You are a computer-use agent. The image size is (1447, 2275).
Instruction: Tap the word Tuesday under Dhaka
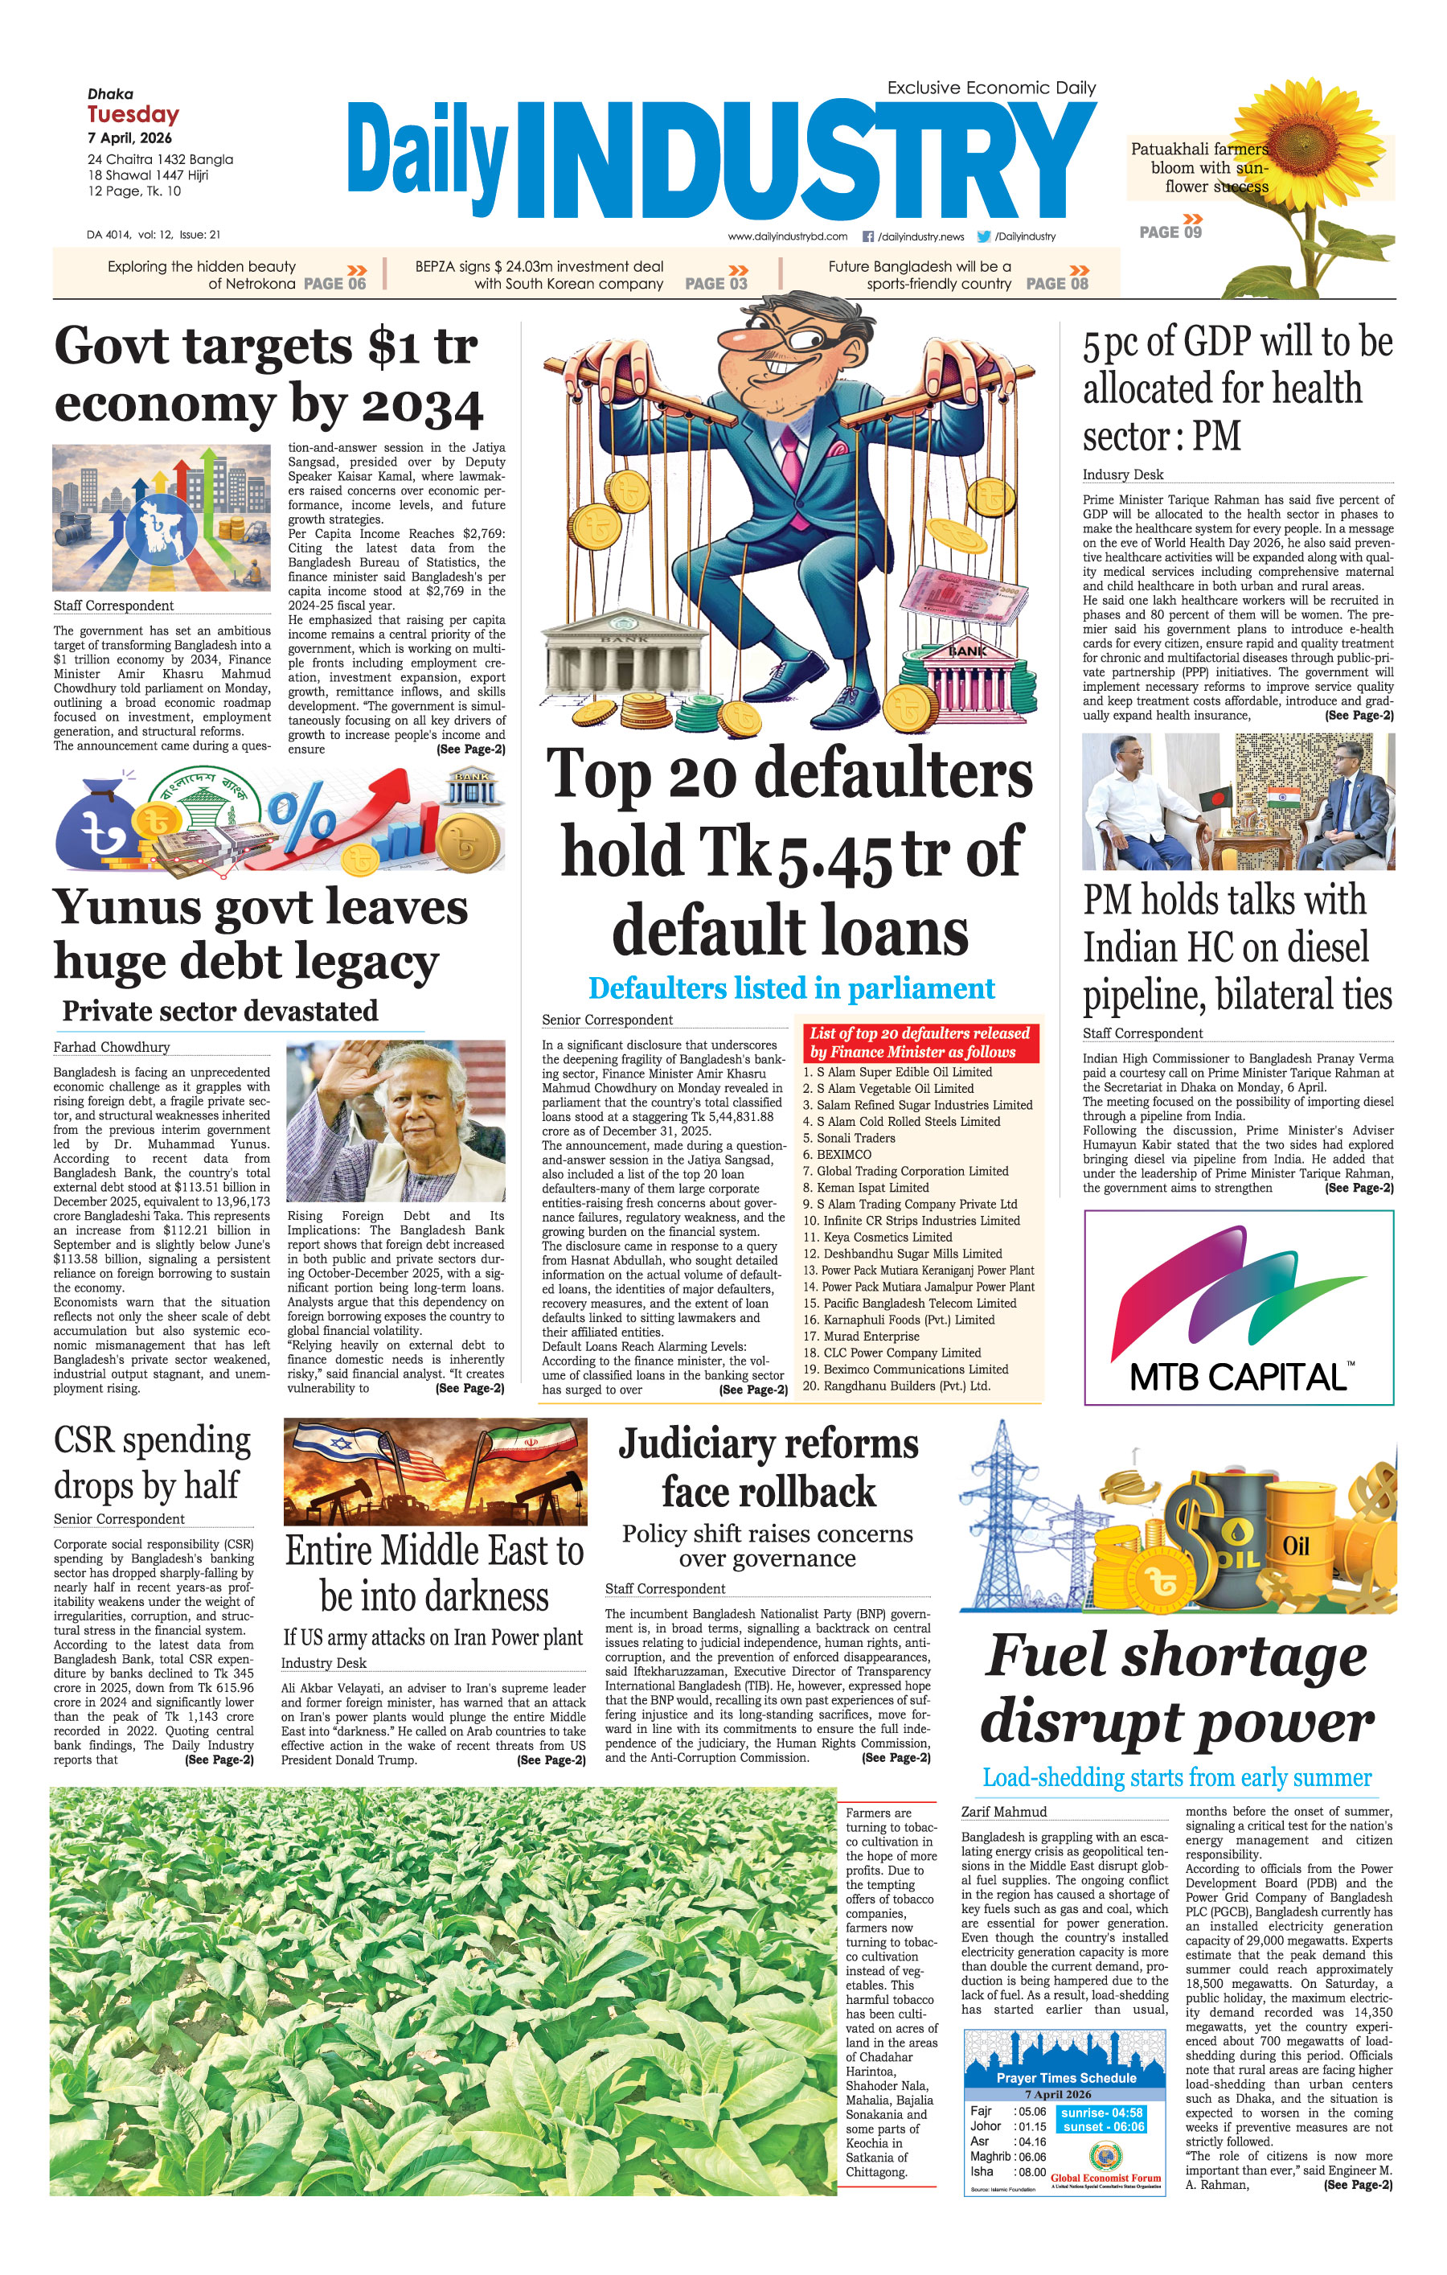(133, 114)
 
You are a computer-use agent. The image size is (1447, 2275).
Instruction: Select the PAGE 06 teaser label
(334, 283)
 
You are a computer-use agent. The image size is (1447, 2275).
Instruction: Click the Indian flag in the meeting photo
(1283, 798)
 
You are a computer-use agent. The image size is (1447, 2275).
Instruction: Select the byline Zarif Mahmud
(1003, 1811)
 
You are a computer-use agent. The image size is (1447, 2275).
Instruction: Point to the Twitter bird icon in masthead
(983, 236)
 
